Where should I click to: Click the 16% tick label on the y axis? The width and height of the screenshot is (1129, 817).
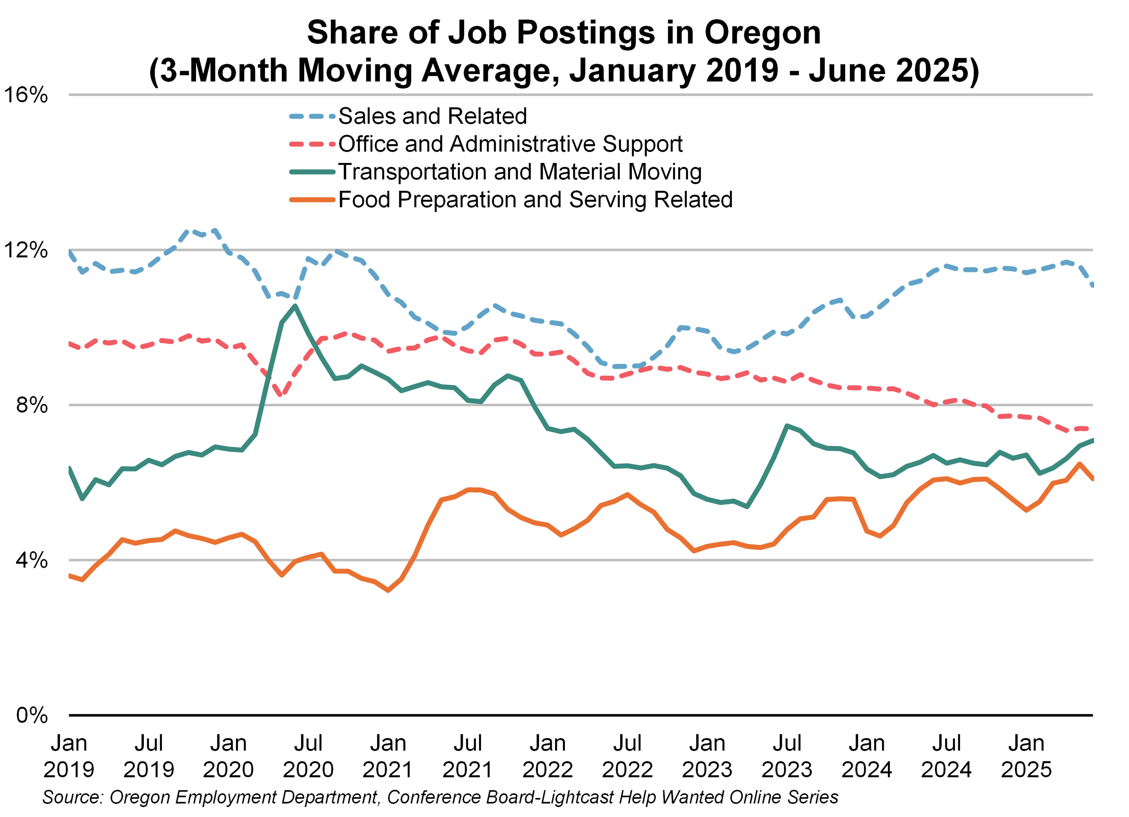pos(26,95)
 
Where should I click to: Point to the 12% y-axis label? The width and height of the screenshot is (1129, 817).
pos(26,250)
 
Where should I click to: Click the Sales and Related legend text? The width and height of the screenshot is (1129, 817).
pos(432,116)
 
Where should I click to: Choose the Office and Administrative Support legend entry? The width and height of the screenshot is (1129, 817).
pos(510,144)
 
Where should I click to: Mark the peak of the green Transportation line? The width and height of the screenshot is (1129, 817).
pos(295,306)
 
